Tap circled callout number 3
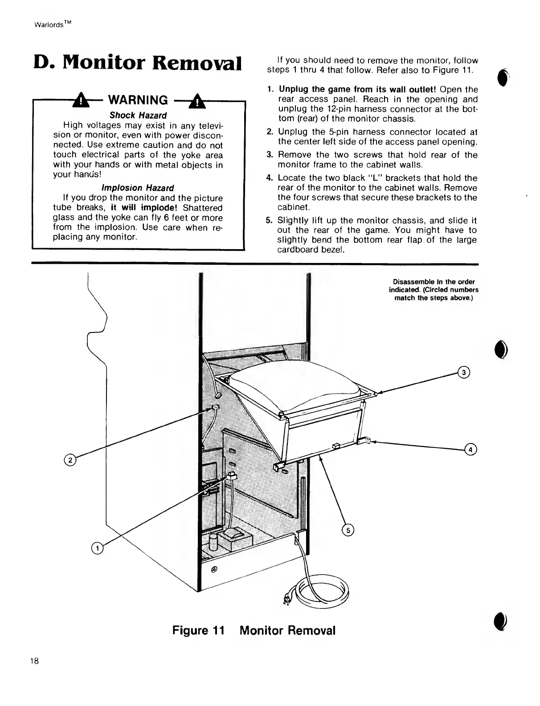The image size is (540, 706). tap(463, 373)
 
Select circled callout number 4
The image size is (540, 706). tap(470, 449)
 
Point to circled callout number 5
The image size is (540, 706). tap(347, 529)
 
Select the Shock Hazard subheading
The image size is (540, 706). tap(138, 115)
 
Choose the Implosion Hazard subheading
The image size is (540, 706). tap(138, 188)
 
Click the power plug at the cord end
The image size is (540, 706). tap(287, 601)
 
